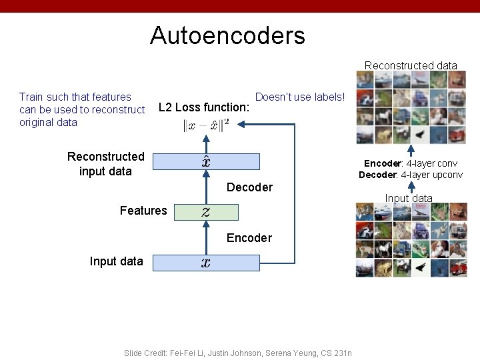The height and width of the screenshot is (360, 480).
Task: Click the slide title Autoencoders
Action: pyautogui.click(x=227, y=35)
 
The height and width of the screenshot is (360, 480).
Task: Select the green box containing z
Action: pyautogui.click(x=206, y=212)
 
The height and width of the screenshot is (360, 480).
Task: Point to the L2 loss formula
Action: pyautogui.click(x=206, y=125)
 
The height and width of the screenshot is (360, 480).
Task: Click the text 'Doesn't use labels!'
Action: pyautogui.click(x=300, y=97)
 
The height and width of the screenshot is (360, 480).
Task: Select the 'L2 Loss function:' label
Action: pyautogui.click(x=204, y=107)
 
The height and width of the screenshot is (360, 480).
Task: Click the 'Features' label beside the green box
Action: pyautogui.click(x=143, y=211)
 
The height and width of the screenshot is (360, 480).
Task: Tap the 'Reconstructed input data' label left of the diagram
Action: pyautogui.click(x=105, y=163)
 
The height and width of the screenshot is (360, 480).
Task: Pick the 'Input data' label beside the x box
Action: pyautogui.click(x=116, y=261)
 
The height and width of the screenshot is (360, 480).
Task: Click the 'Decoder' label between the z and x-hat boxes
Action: pyautogui.click(x=249, y=187)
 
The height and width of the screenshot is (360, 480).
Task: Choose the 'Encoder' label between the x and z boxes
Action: pyautogui.click(x=249, y=238)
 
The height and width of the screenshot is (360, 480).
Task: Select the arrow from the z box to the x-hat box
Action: pyautogui.click(x=206, y=187)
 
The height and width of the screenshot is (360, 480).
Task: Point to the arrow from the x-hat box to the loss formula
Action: pyautogui.click(x=206, y=143)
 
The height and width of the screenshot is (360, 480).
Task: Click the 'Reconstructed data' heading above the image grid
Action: pyautogui.click(x=411, y=65)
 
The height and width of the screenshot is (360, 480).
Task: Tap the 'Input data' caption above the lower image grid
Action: pyautogui.click(x=409, y=198)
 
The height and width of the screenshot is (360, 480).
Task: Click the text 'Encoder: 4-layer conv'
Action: pyautogui.click(x=411, y=163)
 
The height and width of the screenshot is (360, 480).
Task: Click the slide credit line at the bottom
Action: pyautogui.click(x=238, y=353)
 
